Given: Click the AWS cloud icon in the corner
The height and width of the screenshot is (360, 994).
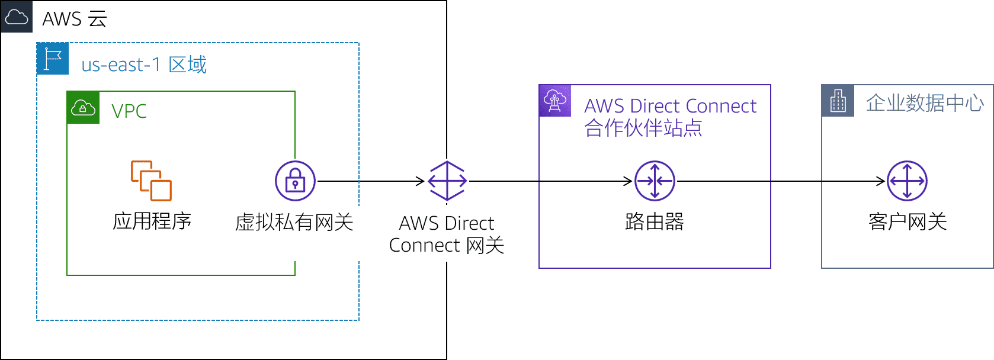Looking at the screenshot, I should (17, 17).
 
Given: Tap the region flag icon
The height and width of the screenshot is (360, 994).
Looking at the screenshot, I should (53, 59).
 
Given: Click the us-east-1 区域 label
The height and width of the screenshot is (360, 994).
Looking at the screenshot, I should (144, 65).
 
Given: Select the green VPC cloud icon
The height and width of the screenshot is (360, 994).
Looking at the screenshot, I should (83, 108).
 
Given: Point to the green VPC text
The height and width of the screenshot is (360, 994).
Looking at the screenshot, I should (129, 111).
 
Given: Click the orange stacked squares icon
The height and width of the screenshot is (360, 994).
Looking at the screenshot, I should (151, 181).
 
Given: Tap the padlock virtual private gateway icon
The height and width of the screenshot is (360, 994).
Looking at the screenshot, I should (295, 181).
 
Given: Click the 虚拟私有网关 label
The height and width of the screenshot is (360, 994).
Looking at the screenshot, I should (294, 223).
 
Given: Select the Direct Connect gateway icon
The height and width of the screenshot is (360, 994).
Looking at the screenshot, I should (447, 181).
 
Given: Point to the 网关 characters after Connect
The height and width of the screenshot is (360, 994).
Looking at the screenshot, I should (485, 245).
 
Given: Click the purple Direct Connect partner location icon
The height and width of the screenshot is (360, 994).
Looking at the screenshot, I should (555, 101).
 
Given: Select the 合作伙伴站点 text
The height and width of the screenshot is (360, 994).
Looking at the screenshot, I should (643, 128).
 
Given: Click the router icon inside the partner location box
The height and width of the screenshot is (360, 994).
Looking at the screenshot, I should (655, 181).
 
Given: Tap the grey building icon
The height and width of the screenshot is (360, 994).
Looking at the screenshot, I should (838, 101).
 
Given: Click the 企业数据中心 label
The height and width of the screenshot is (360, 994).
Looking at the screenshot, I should (925, 103).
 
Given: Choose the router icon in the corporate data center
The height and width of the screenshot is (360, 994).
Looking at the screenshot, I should (907, 181).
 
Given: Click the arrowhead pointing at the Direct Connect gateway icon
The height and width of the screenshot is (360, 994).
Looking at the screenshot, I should (419, 181).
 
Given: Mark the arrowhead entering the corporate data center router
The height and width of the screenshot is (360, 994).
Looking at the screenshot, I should (881, 181).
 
